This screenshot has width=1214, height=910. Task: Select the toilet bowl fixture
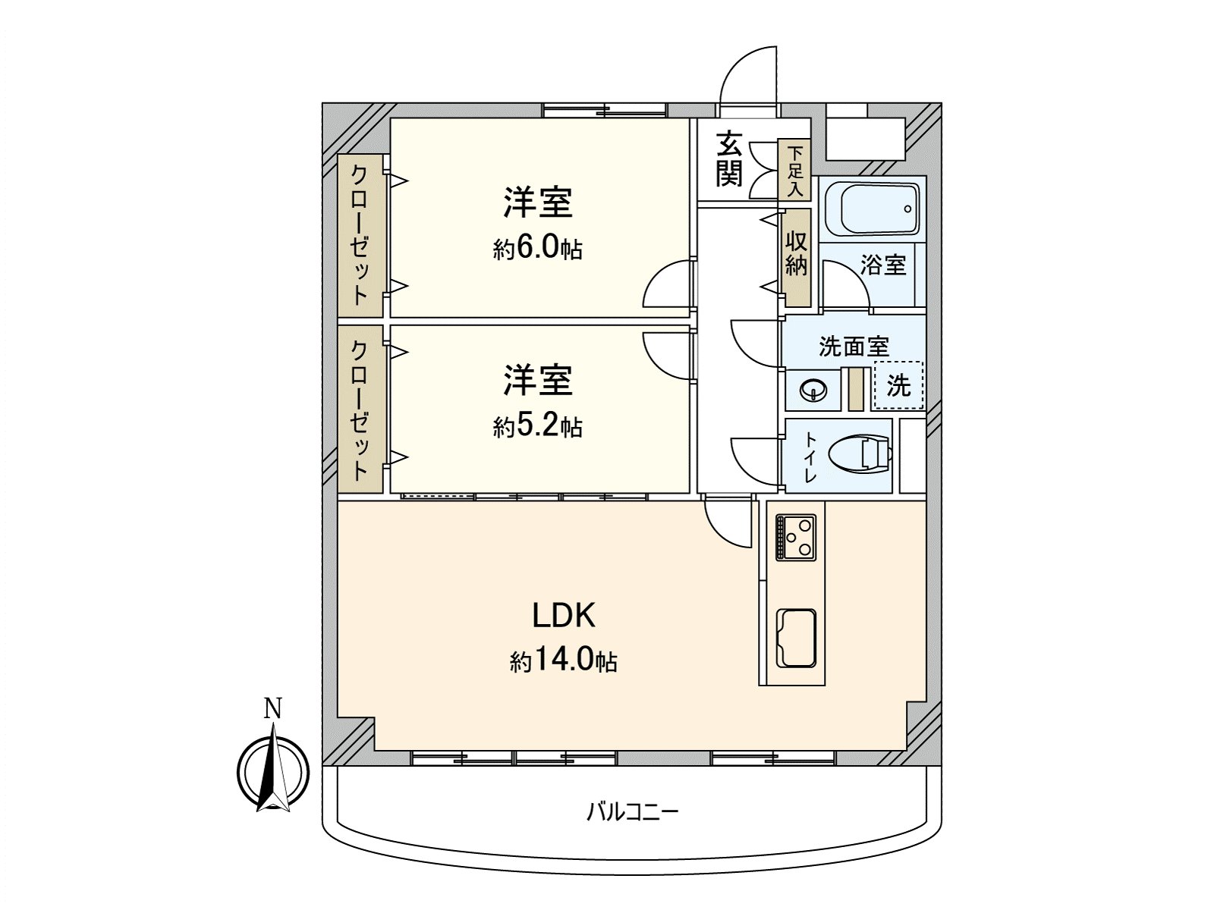tap(860, 455)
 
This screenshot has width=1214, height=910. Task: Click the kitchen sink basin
tap(796, 639)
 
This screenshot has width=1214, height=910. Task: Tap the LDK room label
tap(564, 615)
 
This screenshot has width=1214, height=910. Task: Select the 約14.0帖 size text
tap(564, 661)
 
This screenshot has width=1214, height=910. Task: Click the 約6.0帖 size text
tap(538, 249)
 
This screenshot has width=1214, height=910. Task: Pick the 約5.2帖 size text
tap(538, 426)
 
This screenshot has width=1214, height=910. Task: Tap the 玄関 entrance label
tap(729, 160)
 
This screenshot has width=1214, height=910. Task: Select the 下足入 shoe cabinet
tap(794, 170)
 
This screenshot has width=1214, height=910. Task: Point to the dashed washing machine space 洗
tap(898, 385)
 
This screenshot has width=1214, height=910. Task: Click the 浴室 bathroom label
tap(883, 265)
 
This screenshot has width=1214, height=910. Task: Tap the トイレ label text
tap(810, 457)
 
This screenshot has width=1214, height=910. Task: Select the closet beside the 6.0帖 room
tap(360, 236)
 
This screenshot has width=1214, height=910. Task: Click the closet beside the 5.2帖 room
tap(360, 409)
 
